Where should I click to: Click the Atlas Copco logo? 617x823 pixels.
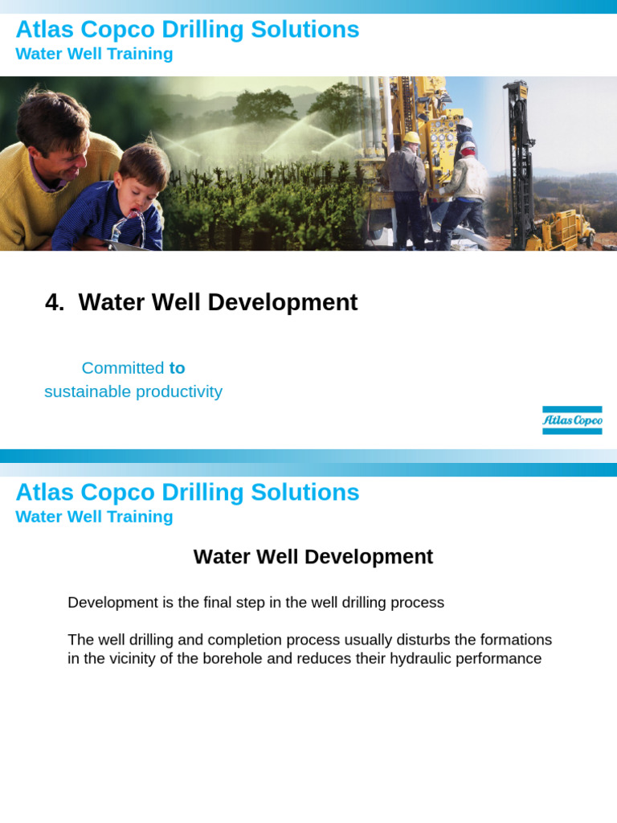tap(572, 420)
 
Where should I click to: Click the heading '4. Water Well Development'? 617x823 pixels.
tap(202, 302)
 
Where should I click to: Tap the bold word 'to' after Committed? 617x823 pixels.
tap(177, 368)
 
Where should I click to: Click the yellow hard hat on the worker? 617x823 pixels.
tap(411, 137)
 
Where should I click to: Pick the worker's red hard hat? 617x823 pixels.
tap(468, 149)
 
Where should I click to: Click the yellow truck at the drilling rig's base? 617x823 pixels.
tap(566, 231)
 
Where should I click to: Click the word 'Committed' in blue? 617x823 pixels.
tap(122, 368)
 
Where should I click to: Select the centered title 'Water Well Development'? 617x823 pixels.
tap(313, 557)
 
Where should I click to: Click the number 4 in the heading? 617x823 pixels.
tap(53, 302)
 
